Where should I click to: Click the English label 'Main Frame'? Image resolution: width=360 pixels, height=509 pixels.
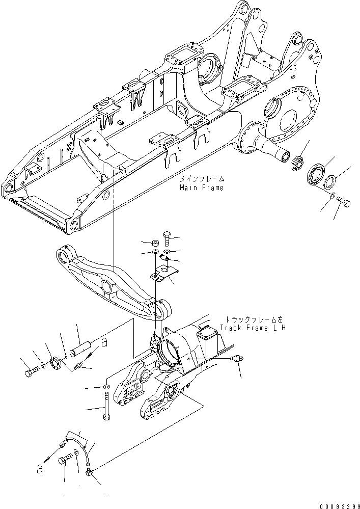point(201,187)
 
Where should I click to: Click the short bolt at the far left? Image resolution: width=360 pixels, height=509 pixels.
point(31,372)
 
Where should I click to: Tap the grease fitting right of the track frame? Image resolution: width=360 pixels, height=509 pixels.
point(235,359)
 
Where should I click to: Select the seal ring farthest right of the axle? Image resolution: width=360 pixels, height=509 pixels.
point(329,181)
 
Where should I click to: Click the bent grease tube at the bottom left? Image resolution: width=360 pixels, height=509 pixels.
point(76,440)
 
